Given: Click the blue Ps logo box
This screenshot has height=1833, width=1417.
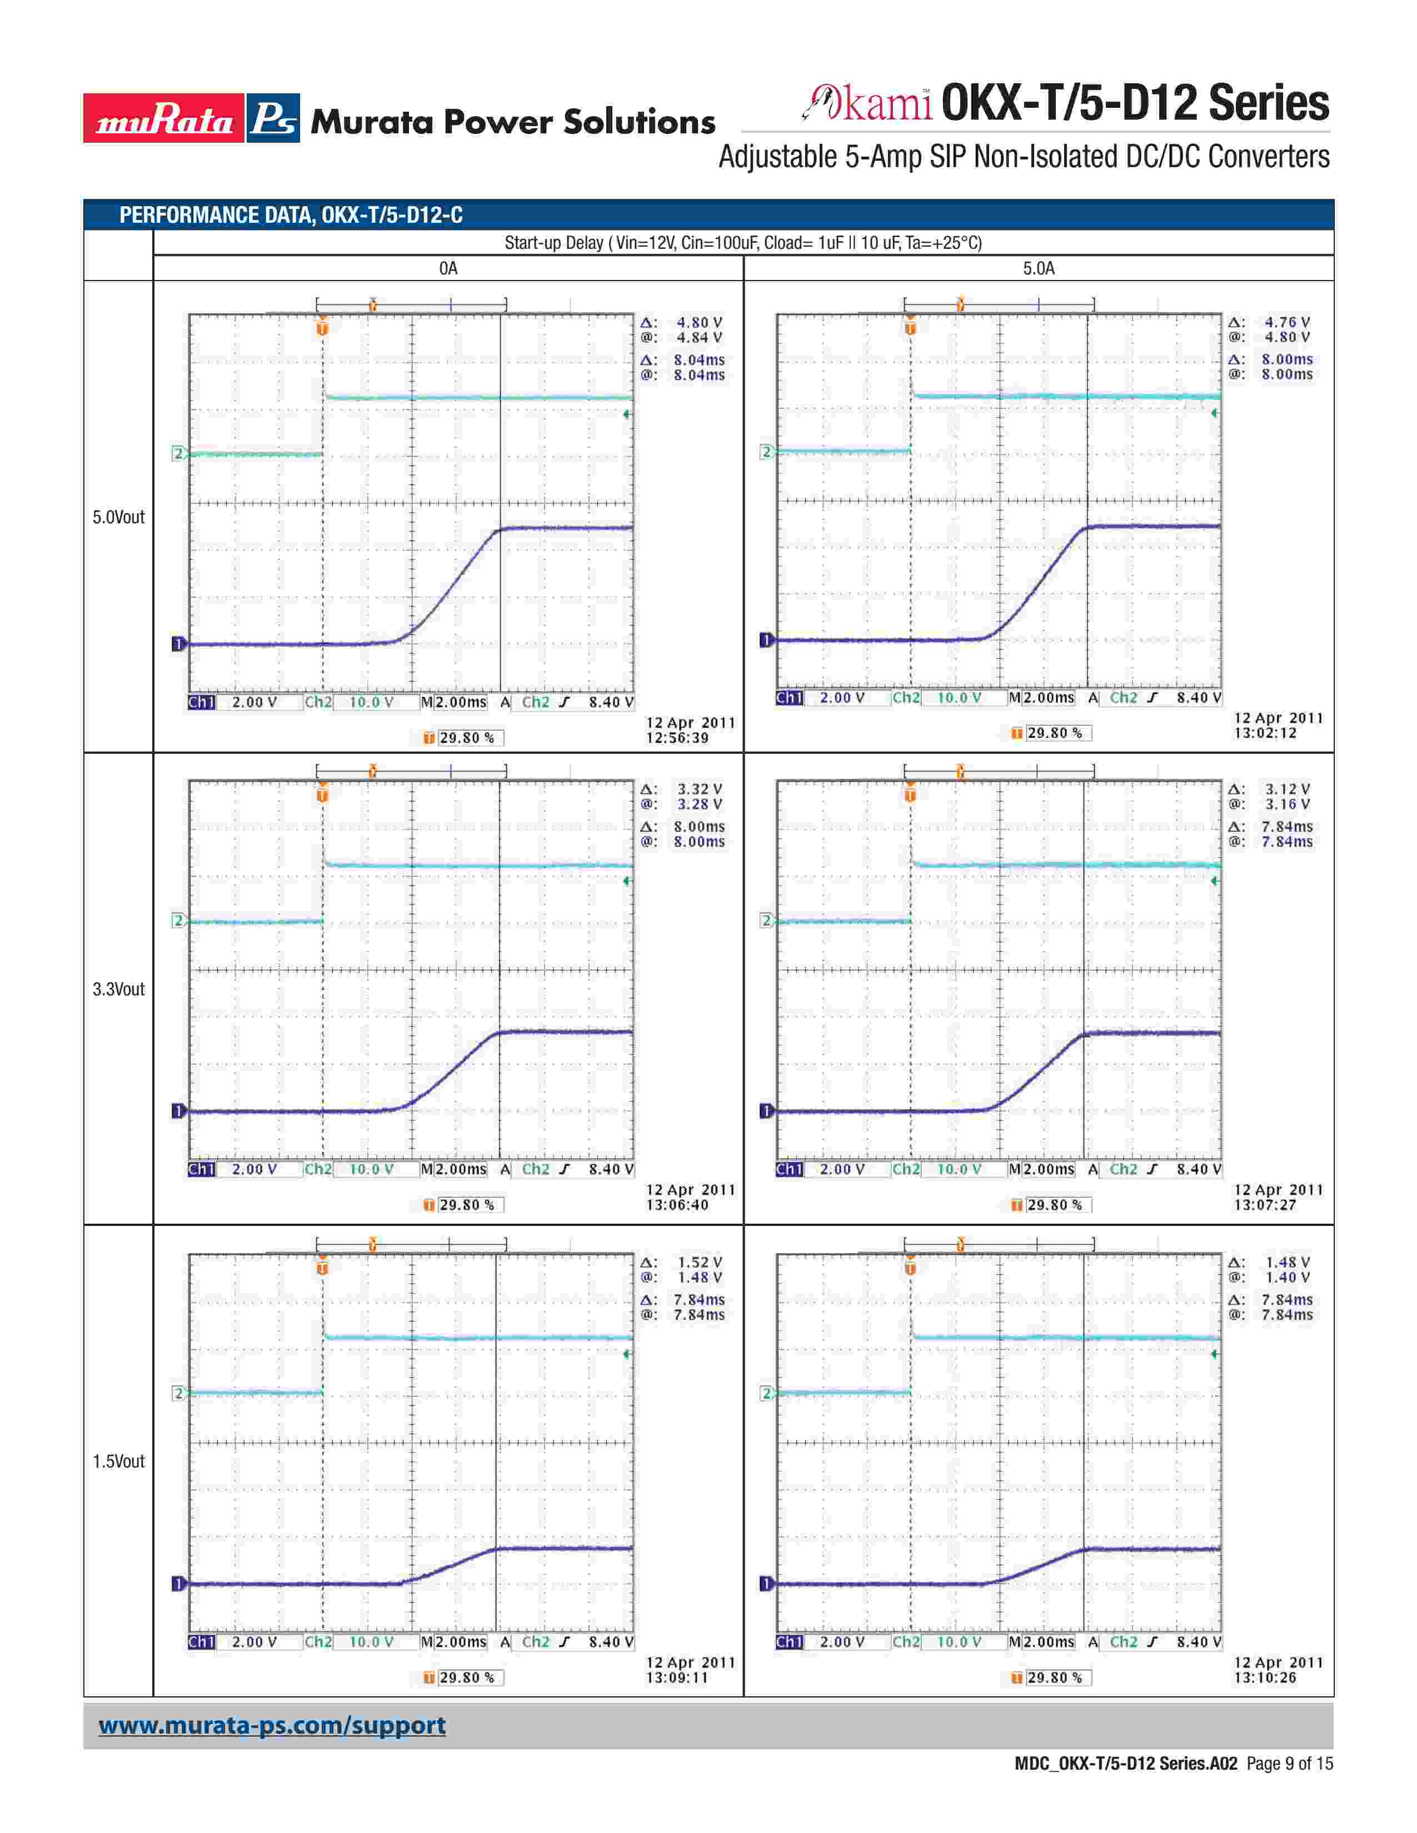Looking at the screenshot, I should [273, 118].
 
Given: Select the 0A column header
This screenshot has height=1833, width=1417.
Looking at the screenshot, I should [448, 269].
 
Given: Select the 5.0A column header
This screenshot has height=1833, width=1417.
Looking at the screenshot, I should [1039, 269].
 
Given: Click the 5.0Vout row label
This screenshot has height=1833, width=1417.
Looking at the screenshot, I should [118, 517].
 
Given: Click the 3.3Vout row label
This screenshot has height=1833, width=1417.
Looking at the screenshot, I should [118, 989].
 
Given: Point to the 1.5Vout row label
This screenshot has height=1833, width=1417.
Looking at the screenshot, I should [118, 1461].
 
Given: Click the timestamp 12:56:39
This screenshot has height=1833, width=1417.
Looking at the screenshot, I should [677, 739].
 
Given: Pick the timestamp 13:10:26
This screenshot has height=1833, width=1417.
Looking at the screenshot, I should [1265, 1677].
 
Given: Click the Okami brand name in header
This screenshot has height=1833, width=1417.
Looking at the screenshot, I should [867, 104].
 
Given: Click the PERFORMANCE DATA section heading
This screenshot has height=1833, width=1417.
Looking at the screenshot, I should [291, 215].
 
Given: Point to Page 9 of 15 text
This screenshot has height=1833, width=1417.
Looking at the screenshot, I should [1289, 1764].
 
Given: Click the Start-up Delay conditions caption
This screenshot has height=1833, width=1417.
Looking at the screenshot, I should [743, 243].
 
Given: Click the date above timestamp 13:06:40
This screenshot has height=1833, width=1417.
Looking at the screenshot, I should [690, 1190].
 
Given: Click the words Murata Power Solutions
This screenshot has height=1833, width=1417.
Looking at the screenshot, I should [513, 123].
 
